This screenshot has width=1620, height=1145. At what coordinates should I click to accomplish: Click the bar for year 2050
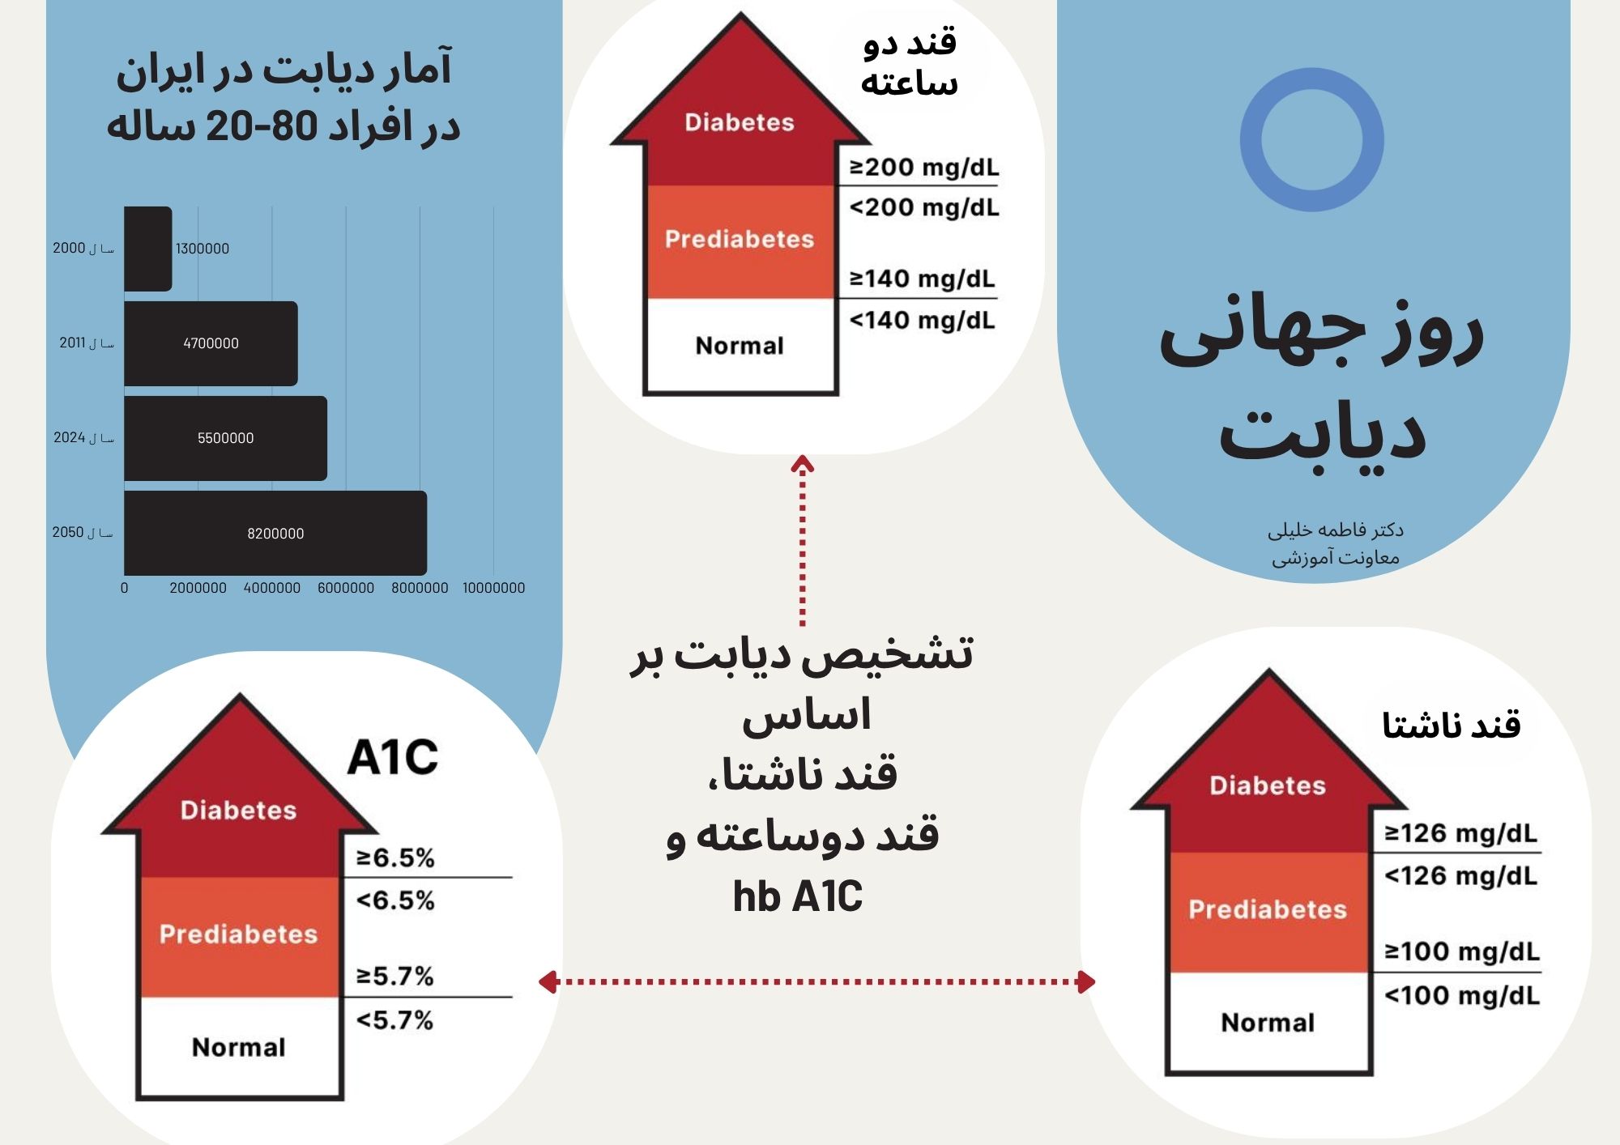tap(275, 533)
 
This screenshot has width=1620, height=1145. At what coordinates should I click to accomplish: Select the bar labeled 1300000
tap(148, 249)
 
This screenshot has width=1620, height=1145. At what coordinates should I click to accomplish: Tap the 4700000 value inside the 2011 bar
tap(211, 343)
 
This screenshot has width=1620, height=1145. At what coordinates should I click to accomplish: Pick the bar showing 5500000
tap(225, 438)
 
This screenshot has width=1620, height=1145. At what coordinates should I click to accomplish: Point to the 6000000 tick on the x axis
tap(346, 588)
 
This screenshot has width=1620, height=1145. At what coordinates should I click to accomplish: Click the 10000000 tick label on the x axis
tap(493, 588)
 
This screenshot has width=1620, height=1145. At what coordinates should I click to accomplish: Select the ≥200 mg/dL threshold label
tap(924, 168)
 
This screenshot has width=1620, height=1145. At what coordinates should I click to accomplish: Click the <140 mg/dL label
tap(922, 321)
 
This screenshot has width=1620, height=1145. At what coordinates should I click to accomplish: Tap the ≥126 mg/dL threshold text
tap(1460, 833)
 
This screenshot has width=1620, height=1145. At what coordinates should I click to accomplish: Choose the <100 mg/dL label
tap(1462, 995)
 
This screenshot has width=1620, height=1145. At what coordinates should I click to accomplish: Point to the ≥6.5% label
tap(395, 858)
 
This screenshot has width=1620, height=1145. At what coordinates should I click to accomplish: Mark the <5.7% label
tap(394, 1020)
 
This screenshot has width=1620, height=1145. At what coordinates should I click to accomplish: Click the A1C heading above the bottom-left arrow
tap(393, 757)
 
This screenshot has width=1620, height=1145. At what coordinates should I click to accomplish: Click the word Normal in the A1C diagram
tap(239, 1048)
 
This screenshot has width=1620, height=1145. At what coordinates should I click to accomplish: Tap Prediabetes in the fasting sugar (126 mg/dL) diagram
tap(1268, 909)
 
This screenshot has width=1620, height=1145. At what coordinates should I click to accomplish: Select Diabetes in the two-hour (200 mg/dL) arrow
tap(740, 122)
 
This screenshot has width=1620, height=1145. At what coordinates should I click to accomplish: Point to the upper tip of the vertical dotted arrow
tap(802, 456)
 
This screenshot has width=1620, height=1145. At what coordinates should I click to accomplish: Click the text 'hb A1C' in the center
tap(798, 896)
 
